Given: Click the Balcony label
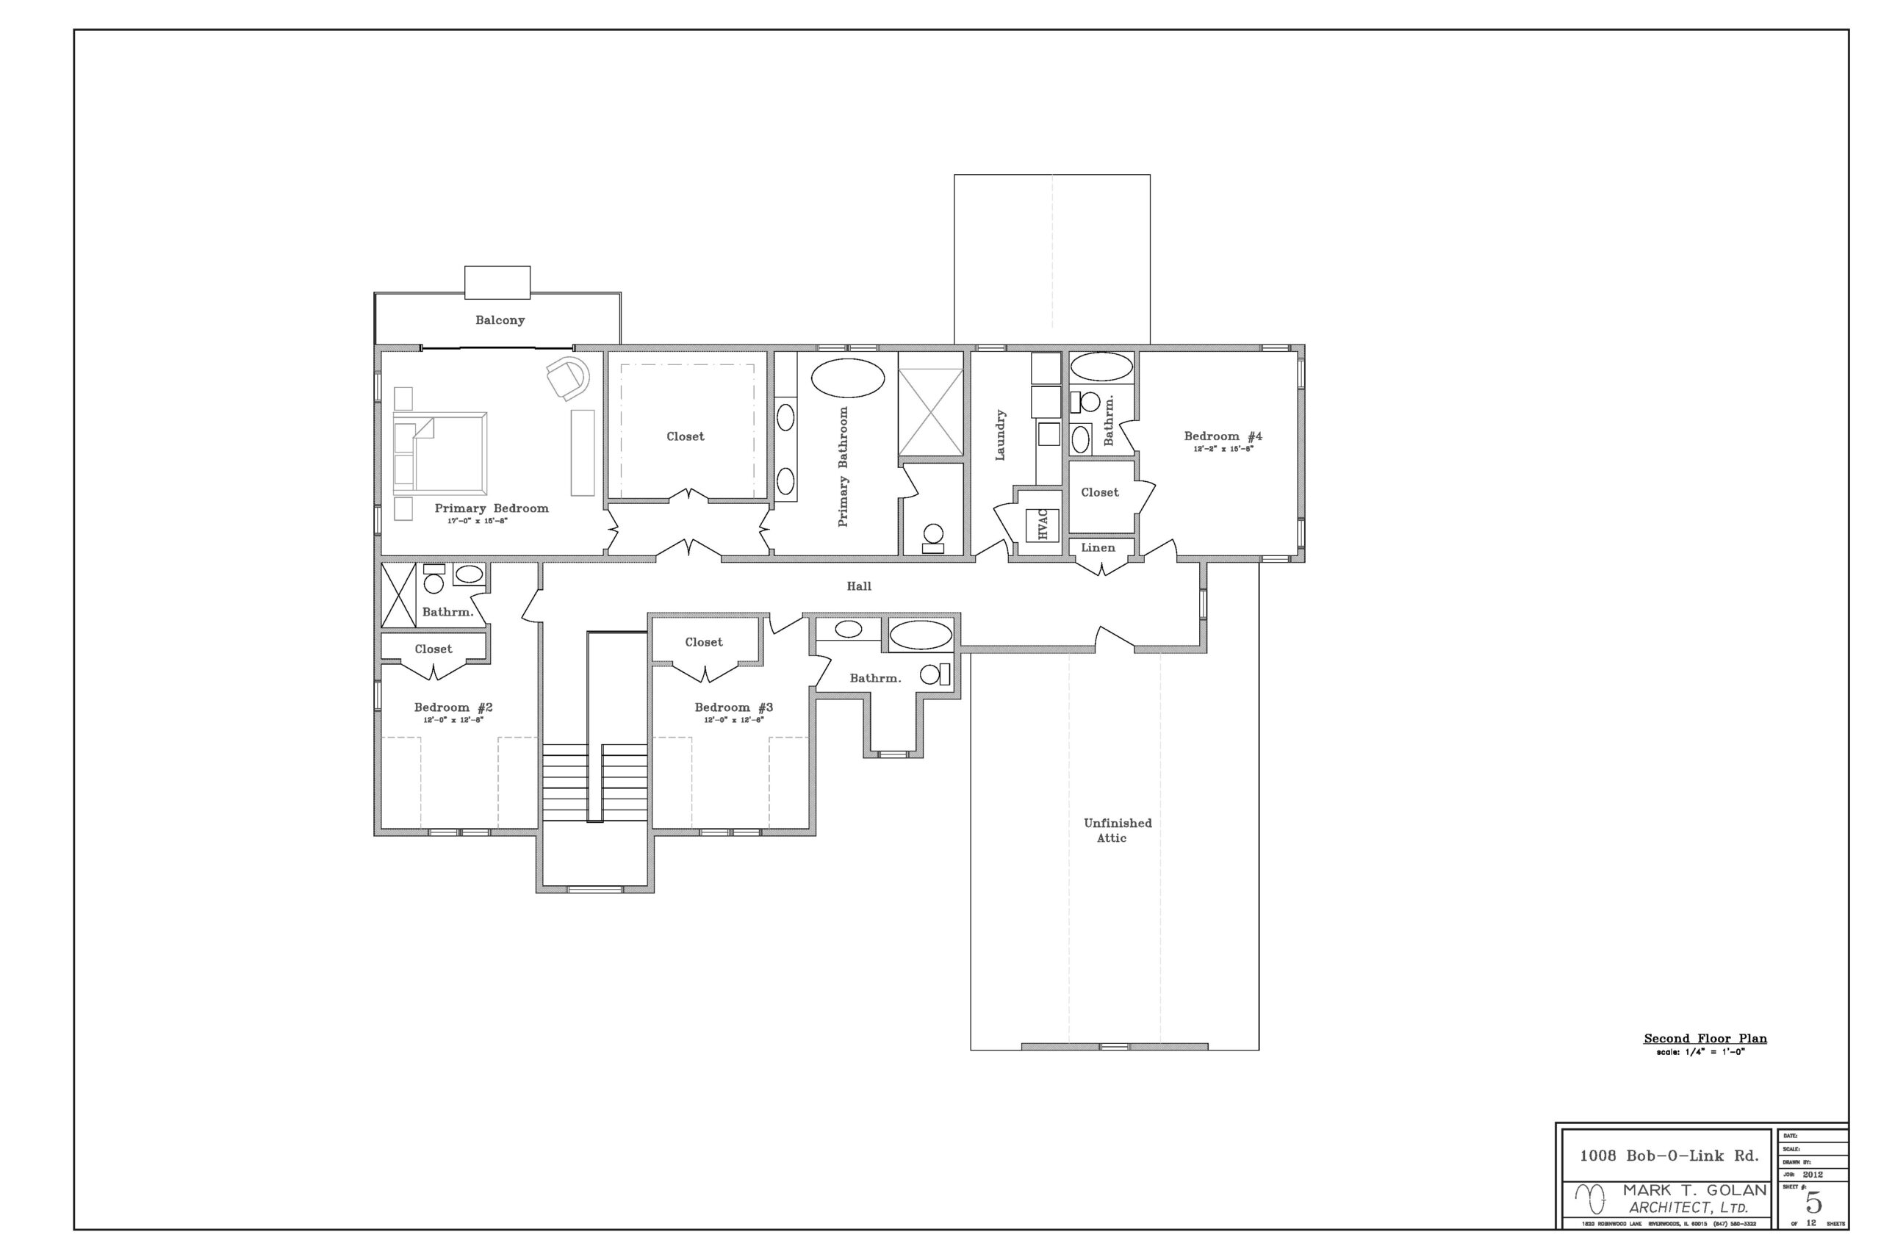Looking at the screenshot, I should tap(500, 320).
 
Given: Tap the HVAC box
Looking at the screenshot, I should tap(1043, 524).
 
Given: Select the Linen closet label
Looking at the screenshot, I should tap(1097, 548).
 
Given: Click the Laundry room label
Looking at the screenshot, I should tap(1000, 435).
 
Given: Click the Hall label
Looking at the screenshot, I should tap(859, 586).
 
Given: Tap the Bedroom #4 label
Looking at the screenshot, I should tap(1223, 436).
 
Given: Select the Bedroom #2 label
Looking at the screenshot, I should tap(453, 707).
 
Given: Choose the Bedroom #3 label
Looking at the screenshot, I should tap(733, 707).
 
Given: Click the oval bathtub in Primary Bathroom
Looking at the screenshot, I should tap(848, 378).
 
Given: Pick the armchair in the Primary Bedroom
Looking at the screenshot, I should tap(568, 378).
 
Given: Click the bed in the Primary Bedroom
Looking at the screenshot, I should tap(441, 453).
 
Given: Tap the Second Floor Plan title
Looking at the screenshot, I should tap(1705, 1038).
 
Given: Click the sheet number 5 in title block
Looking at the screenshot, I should tap(1814, 1203).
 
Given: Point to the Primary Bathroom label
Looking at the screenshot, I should tap(843, 467).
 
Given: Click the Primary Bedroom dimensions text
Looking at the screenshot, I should tap(478, 521).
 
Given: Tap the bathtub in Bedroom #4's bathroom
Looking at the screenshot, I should tap(1101, 367).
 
